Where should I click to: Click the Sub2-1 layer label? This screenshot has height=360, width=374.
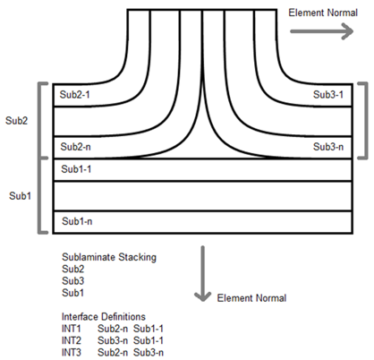[x=75, y=95]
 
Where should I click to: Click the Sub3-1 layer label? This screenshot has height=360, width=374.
[x=328, y=95]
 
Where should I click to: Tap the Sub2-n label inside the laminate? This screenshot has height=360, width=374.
[x=75, y=147]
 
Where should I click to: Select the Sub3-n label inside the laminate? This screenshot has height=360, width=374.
[x=328, y=147]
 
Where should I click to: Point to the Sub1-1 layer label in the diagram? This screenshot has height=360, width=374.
[x=76, y=169]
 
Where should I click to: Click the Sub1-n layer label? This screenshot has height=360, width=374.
[x=77, y=221]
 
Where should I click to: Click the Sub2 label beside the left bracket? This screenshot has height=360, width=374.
[x=16, y=121]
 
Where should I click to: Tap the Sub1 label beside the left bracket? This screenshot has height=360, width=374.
[x=20, y=196]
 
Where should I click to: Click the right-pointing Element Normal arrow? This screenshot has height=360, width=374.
[x=322, y=31]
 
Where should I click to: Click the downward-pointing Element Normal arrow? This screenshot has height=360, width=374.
[x=203, y=273]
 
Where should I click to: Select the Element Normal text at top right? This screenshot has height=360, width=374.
[x=323, y=13]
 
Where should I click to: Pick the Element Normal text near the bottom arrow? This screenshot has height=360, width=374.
[x=251, y=298]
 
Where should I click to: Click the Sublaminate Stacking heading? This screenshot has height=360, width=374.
[x=109, y=257]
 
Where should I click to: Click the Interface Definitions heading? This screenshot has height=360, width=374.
[x=104, y=316]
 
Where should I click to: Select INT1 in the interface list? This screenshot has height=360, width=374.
[x=71, y=329]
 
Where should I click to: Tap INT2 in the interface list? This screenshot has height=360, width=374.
[x=71, y=340]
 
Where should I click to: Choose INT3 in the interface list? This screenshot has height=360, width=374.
[x=71, y=352]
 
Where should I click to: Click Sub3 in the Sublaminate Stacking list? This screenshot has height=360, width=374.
[x=72, y=281]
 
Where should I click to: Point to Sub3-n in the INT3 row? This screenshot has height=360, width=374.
[x=149, y=352]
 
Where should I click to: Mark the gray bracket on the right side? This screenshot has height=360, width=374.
[x=366, y=121]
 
